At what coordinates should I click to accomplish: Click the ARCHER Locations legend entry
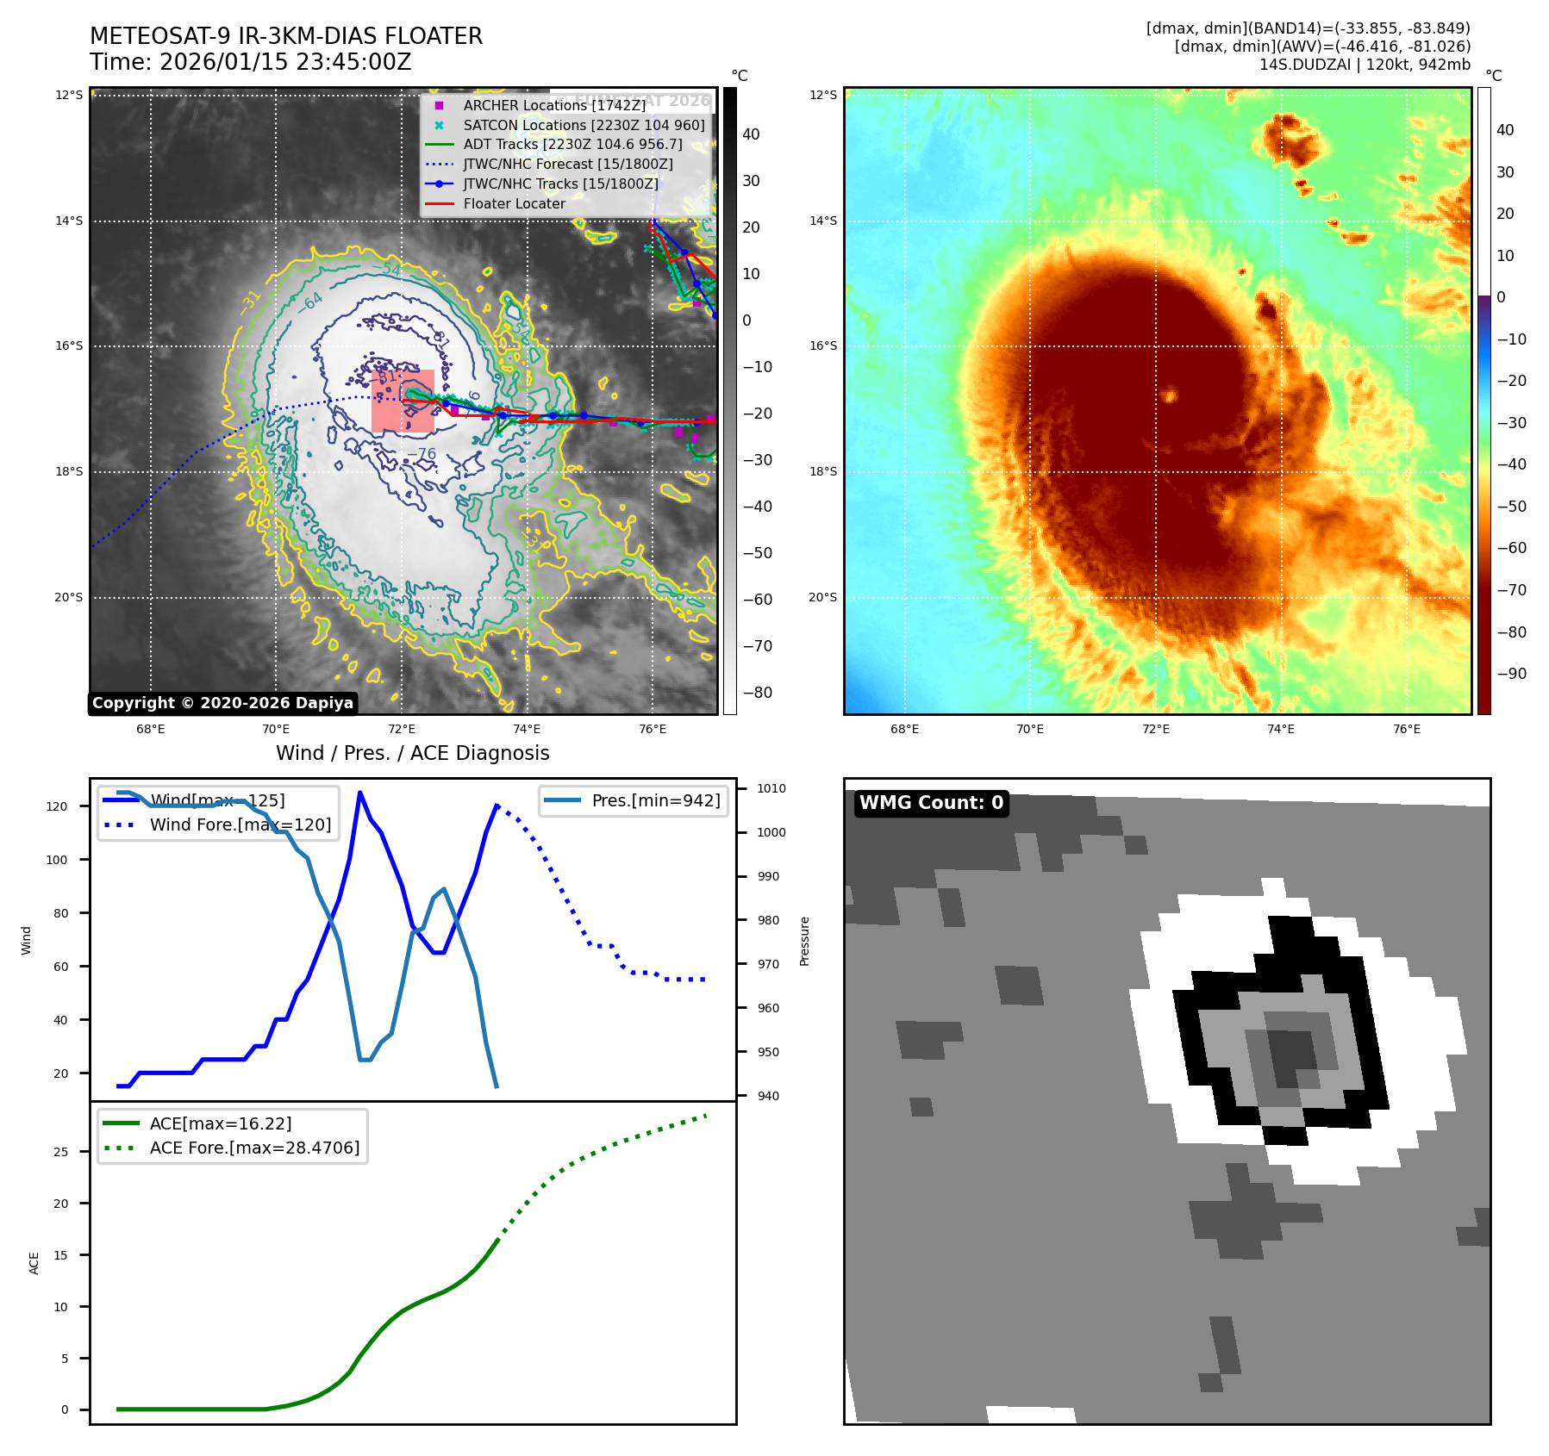(553, 105)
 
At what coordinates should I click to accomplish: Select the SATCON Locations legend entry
(584, 125)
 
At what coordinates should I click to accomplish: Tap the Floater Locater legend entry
(514, 204)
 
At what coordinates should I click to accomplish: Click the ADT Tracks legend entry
(572, 145)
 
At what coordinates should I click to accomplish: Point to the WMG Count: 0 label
(931, 803)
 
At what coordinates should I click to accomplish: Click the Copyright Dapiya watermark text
(222, 703)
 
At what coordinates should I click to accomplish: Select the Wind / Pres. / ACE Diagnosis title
(412, 753)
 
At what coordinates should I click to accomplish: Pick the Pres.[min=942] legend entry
(655, 800)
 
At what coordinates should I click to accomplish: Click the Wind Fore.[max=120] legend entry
(240, 824)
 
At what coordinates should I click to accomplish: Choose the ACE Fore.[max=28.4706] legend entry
(254, 1148)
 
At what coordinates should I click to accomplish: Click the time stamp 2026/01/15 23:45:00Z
(285, 63)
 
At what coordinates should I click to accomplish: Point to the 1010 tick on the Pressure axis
(771, 788)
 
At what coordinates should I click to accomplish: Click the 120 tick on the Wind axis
(57, 806)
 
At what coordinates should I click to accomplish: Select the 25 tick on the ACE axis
(61, 1152)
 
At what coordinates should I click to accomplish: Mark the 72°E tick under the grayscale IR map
(402, 729)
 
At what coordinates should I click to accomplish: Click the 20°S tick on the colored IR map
(822, 597)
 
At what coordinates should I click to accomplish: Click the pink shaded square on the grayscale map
(403, 401)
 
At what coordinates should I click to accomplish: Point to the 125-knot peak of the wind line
(359, 793)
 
